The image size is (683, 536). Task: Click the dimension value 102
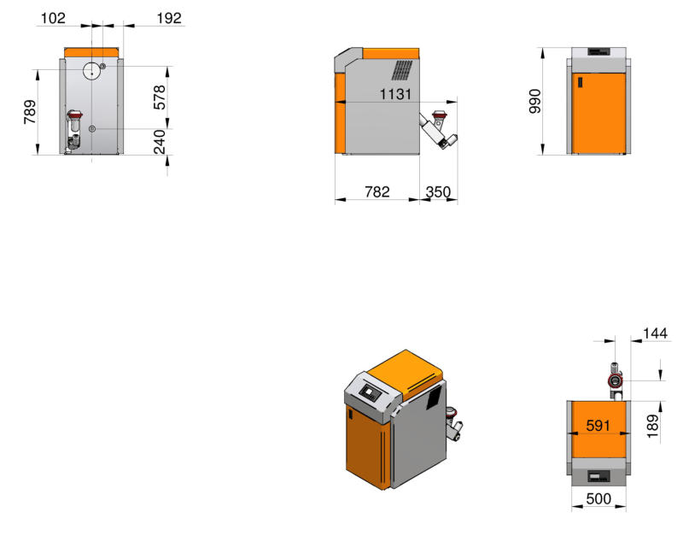(53, 18)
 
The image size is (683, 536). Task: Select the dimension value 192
(169, 18)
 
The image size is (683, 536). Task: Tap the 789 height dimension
(30, 112)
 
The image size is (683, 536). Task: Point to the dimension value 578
(160, 97)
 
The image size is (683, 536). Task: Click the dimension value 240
(160, 142)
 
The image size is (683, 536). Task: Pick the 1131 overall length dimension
(395, 94)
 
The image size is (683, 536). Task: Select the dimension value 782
(377, 191)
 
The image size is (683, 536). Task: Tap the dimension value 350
(438, 191)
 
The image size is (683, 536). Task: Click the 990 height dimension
(535, 102)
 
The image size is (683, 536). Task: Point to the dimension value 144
(655, 333)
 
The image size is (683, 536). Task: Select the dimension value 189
(652, 426)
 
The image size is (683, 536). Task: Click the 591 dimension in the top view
(598, 426)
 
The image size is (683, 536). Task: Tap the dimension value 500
(598, 498)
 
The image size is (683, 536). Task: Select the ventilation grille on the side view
(401, 70)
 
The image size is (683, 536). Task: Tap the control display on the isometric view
(371, 392)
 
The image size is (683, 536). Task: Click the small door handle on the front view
(581, 82)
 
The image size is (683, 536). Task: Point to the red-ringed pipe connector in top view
(615, 380)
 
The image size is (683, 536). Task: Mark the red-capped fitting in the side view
(439, 116)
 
